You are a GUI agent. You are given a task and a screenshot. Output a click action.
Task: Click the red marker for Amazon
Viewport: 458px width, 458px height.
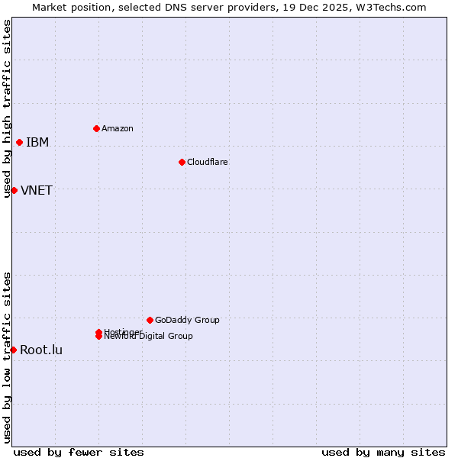coord(96,128)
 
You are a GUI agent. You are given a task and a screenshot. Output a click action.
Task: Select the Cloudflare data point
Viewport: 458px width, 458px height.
coord(182,162)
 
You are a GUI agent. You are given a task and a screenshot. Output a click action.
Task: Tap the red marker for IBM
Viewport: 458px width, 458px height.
coord(19,142)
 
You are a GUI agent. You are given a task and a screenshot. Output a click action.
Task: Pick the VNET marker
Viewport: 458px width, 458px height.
coord(14,190)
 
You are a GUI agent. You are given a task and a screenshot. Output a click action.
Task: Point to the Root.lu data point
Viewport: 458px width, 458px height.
coord(13,350)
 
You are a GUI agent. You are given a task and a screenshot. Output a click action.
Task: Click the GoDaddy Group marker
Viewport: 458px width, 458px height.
coord(150,320)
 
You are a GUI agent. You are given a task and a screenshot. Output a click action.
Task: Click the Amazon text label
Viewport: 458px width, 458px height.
coord(117,128)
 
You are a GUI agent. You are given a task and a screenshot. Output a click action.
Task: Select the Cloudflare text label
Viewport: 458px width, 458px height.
coord(207,162)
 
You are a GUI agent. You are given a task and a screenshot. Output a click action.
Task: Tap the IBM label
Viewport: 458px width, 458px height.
coord(37,143)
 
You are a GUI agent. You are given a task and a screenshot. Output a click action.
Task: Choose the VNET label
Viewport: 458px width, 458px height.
coord(37,191)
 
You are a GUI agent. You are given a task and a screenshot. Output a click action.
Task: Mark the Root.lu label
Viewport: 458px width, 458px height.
coord(41,350)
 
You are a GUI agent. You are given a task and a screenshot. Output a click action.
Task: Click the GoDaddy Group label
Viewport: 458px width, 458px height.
coord(187,321)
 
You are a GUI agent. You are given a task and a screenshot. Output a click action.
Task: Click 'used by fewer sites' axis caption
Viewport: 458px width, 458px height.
coord(79,452)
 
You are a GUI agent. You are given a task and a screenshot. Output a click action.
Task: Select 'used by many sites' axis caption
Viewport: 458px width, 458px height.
coord(383,452)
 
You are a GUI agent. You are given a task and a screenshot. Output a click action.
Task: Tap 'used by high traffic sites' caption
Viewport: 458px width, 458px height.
coord(8,108)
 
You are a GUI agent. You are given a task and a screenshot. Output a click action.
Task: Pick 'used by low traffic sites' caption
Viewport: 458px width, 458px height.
coord(8,357)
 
